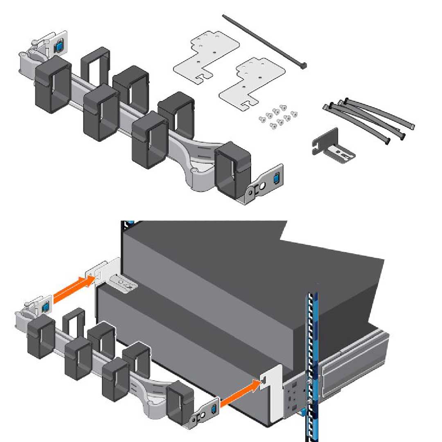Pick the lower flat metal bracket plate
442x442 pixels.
(251, 84)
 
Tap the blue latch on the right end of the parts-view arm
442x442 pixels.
(275, 178)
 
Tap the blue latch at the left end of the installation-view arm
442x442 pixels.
(45, 305)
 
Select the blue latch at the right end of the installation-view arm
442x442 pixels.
(213, 410)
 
